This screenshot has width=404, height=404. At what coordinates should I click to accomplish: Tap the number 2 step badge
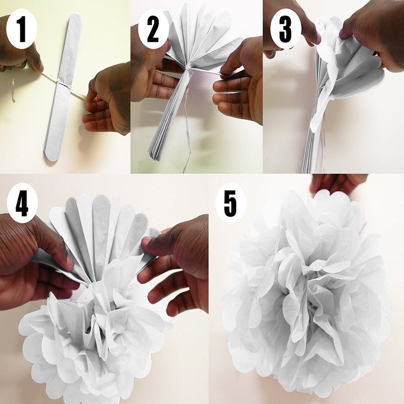pos(152,31)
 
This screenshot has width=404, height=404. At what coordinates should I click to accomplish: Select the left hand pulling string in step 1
pos(20,50)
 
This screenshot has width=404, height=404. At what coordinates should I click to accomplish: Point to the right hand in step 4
pos(179,263)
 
